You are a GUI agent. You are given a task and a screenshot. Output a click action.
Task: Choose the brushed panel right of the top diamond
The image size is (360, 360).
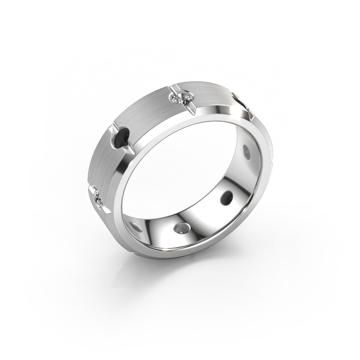click(211, 92)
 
